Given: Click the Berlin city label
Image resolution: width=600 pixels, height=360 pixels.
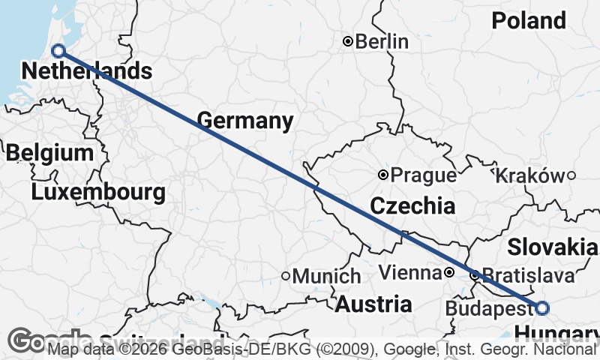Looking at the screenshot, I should pyautogui.click(x=382, y=41).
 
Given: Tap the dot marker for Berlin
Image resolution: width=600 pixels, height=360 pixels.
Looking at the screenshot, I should pyautogui.click(x=348, y=41).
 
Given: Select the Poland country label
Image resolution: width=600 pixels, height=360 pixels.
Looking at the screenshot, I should pyautogui.click(x=529, y=20).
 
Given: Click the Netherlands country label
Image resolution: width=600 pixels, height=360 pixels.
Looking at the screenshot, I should pyautogui.click(x=87, y=71).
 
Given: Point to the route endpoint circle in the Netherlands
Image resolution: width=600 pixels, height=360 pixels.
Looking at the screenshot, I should pyautogui.click(x=58, y=51).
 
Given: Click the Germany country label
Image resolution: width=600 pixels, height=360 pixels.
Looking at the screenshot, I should pyautogui.click(x=245, y=120).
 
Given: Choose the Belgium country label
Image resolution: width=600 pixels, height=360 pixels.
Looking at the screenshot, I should pyautogui.click(x=49, y=153).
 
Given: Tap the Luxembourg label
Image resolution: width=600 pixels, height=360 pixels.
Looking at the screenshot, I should pyautogui.click(x=98, y=192).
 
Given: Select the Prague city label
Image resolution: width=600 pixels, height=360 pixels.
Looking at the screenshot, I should pyautogui.click(x=424, y=175).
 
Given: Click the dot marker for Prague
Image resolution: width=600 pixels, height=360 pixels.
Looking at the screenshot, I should pyautogui.click(x=383, y=175).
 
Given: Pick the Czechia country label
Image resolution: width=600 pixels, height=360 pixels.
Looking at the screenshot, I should pyautogui.click(x=412, y=205).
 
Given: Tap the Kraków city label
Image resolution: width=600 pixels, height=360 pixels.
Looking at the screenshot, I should pyautogui.click(x=529, y=175).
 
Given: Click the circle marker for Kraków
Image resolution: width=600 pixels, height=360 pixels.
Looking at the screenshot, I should pyautogui.click(x=571, y=175).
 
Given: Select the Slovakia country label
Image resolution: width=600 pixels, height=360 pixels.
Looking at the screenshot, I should pyautogui.click(x=553, y=247).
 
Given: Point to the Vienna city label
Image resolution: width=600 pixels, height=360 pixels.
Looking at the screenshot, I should pyautogui.click(x=409, y=272).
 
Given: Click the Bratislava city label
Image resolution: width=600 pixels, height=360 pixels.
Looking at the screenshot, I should pyautogui.click(x=529, y=275).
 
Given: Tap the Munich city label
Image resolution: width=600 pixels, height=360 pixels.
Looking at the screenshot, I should pyautogui.click(x=326, y=276).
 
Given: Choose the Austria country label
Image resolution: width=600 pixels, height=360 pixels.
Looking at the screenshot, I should pyautogui.click(x=373, y=304).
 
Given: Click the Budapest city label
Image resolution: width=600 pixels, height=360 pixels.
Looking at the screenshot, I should pyautogui.click(x=488, y=308).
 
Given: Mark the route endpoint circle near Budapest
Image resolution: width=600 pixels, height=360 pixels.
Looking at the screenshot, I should pyautogui.click(x=542, y=307).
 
